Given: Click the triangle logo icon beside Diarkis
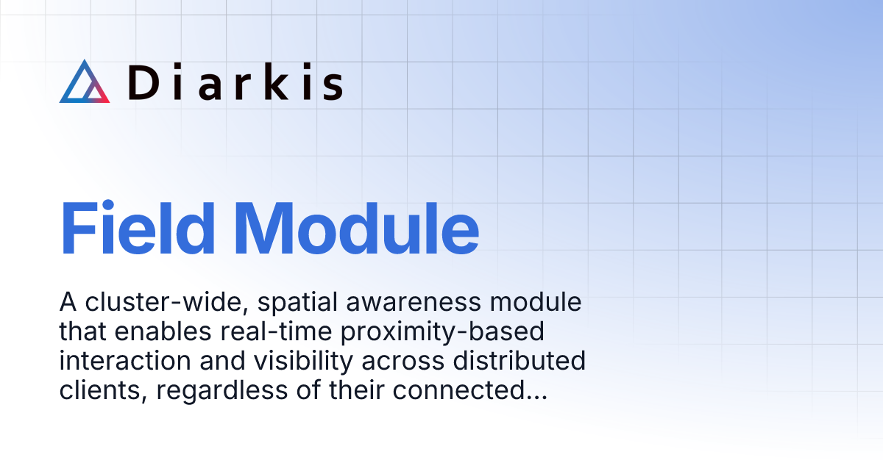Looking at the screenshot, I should [x=84, y=82].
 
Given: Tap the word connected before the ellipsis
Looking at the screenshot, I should [x=458, y=392].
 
